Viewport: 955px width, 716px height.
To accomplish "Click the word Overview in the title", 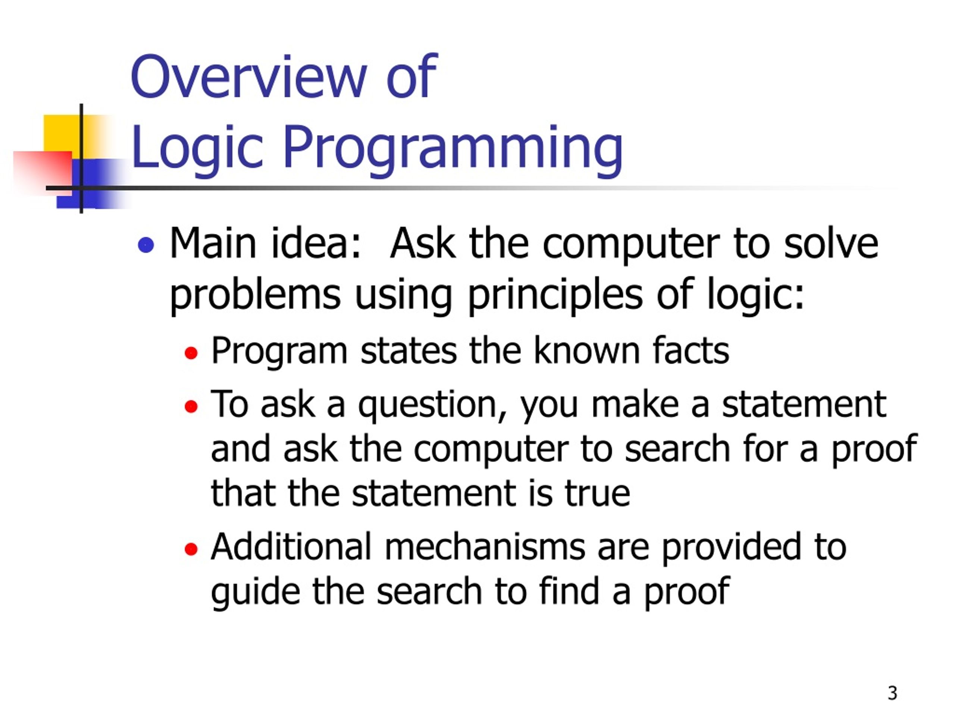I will [x=248, y=78].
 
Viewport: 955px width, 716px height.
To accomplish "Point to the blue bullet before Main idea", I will [x=146, y=245].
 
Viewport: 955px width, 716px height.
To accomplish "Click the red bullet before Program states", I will [x=191, y=354].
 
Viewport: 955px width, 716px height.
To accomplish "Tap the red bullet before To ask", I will [x=191, y=406].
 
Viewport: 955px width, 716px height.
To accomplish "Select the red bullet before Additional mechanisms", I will [x=191, y=549].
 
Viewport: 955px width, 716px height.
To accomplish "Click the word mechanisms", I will [x=485, y=547].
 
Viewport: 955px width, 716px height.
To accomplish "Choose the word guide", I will [x=255, y=592].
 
